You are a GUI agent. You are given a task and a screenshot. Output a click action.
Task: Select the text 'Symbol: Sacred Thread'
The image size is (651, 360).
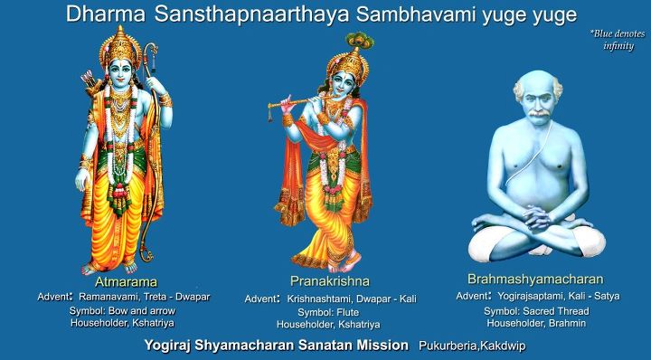[x=537, y=310]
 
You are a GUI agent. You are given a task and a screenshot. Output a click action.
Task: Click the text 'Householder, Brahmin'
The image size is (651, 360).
[x=537, y=323]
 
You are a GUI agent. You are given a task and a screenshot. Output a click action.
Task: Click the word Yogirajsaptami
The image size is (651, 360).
[x=530, y=296]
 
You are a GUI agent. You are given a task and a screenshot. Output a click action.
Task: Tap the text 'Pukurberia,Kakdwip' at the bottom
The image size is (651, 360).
[x=471, y=346]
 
